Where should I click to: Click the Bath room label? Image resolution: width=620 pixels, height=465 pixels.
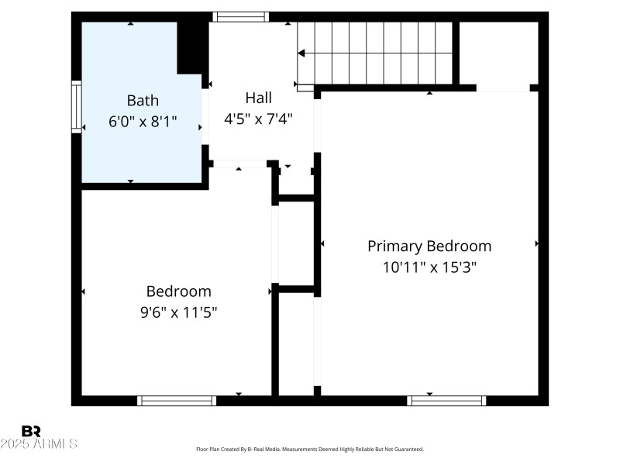143,100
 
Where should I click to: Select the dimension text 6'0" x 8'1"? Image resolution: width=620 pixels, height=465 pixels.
143,121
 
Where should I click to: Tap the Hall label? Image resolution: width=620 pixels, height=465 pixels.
258,98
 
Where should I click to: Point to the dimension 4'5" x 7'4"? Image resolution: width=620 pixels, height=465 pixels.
258,119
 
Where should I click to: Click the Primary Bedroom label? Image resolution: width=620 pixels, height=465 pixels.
429,246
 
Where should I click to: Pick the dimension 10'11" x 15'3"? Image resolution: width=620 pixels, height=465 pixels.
429,267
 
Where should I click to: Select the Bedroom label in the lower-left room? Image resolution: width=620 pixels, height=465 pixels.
178,291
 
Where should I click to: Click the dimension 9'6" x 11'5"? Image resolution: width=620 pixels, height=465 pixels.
178,312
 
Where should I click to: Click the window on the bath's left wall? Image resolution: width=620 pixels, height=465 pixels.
76,107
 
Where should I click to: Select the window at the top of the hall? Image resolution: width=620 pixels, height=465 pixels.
240,16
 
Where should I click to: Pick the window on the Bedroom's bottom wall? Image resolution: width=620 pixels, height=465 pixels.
176,401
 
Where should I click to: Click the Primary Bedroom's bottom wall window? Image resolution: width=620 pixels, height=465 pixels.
446,401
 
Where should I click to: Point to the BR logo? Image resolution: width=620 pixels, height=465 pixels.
31,431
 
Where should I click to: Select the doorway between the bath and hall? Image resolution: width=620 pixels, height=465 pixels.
205,116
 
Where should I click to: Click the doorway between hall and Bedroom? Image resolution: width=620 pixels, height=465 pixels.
239,164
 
